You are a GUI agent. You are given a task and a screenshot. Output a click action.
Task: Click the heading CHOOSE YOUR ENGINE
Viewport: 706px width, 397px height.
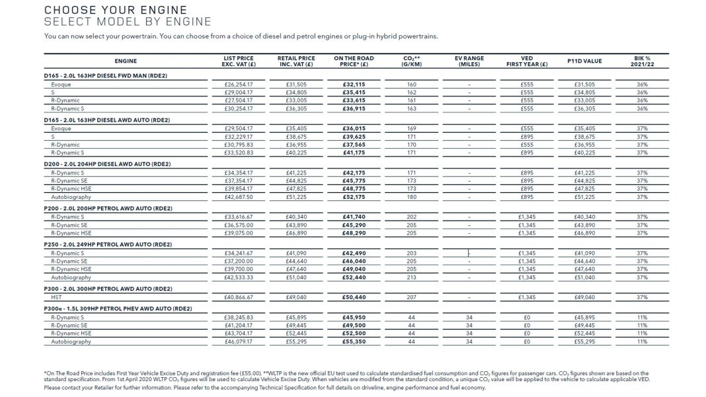point(115,11)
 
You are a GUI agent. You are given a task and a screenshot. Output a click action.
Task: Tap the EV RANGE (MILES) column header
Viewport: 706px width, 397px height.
point(469,61)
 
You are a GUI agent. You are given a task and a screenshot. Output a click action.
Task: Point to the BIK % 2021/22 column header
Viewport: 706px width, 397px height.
point(641,61)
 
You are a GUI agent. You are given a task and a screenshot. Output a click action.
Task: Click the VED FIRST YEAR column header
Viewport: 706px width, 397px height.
point(526,61)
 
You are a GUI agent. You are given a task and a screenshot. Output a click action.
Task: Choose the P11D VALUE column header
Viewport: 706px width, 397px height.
point(584,61)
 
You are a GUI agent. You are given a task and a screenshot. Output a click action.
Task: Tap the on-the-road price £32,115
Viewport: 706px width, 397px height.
point(354,85)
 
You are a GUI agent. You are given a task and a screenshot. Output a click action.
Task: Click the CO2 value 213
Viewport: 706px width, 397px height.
point(411,278)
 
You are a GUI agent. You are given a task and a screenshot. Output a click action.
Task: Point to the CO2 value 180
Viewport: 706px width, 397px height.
point(411,197)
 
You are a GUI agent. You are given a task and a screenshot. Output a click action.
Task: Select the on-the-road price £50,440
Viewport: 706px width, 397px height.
point(354,297)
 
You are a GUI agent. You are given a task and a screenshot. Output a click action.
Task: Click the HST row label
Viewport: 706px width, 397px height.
point(57,297)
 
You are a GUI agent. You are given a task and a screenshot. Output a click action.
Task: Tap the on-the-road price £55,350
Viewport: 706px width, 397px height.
point(354,342)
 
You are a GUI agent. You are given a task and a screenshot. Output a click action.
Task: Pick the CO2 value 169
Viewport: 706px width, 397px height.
point(411,129)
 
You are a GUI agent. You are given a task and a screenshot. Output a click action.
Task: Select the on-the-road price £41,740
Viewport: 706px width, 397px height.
point(354,217)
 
